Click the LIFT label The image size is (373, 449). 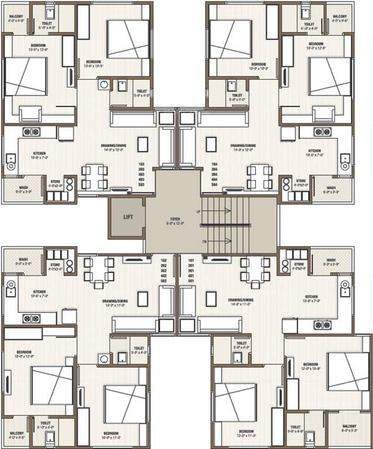[128, 217]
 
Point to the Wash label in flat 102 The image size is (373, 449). [23, 260]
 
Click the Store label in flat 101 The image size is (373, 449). [299, 264]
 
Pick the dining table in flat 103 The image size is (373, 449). [94, 177]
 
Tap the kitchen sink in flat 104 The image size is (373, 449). [345, 158]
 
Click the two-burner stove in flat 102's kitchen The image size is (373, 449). [31, 318]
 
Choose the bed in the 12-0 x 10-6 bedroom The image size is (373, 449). [348, 371]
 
